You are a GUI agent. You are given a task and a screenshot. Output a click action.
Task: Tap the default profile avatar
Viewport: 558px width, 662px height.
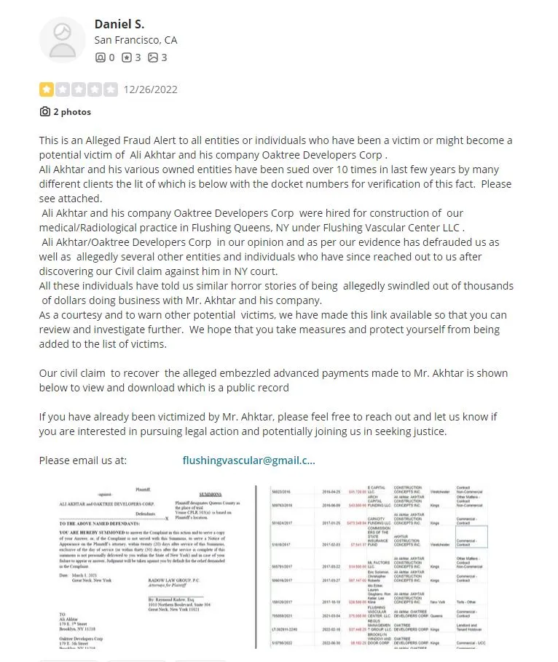tap(62, 39)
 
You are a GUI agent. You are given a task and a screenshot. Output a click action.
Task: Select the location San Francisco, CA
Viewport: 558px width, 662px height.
tap(135, 40)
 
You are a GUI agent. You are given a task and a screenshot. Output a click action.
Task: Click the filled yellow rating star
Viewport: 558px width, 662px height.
tap(46, 89)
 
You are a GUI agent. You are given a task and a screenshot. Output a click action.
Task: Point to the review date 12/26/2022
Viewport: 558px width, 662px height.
tap(150, 89)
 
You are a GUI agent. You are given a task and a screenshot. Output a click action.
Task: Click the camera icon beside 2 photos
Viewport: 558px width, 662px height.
tap(45, 112)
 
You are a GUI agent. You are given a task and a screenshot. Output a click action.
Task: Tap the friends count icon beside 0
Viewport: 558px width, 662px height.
tap(100, 57)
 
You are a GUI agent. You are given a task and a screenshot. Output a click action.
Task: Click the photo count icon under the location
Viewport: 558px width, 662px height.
tap(152, 57)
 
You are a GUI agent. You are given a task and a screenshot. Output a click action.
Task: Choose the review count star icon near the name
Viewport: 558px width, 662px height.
tap(126, 57)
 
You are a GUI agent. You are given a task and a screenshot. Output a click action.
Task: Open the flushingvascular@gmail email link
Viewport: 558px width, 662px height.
tap(249, 460)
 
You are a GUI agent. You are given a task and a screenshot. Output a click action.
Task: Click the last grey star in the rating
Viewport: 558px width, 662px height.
tap(110, 89)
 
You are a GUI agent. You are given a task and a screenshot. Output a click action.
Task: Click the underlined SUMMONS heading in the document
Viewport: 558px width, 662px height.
tap(211, 494)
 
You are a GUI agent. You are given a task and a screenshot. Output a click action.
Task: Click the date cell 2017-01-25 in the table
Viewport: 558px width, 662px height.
tap(332, 522)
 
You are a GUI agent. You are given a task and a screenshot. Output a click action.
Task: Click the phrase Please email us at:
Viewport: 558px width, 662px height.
tap(83, 460)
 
